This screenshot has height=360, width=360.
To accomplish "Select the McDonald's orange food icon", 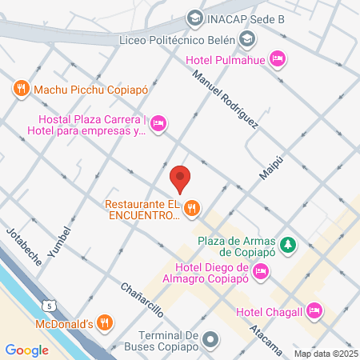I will [x=104, y=323].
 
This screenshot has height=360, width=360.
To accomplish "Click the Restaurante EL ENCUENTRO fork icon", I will [x=191, y=210].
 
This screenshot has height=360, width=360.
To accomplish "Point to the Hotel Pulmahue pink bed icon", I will [x=278, y=58].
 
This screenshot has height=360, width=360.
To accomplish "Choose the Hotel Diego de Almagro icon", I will [x=260, y=273].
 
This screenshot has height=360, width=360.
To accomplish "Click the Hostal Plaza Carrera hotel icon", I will [x=158, y=122].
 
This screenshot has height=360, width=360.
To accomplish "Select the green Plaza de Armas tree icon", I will [x=294, y=245].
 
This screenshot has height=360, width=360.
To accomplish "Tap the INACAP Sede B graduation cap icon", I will [x=194, y=17].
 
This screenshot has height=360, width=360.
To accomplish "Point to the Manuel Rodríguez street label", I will [x=226, y=100].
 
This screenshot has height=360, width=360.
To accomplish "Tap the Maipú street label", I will [x=273, y=162].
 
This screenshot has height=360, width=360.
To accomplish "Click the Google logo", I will [x=26, y=350].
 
